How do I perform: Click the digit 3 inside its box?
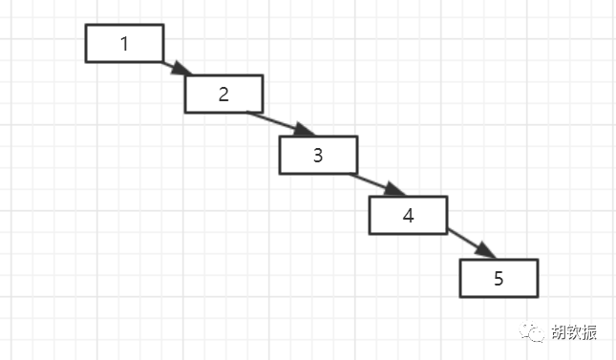coord(318,156)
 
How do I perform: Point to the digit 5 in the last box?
coord(499,278)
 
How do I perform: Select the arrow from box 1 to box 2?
coord(177,68)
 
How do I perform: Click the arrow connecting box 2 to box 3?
coord(281,124)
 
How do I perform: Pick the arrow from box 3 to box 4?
coord(377,184)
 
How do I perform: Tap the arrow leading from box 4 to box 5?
coord(472,244)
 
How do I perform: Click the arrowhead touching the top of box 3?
coord(305,130)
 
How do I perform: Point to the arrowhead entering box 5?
coord(486,251)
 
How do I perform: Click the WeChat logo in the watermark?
coord(532,331)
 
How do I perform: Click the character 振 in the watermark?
coord(589,332)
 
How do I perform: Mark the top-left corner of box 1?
coord(86,25)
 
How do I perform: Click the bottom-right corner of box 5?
coord(538,297)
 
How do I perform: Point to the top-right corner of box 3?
coord(357,137)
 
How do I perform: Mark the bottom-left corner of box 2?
coord(185,113)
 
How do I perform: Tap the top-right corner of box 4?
coord(448,196)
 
